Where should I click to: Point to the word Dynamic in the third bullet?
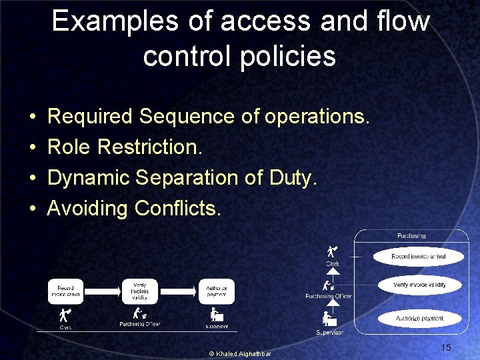tap(89, 178)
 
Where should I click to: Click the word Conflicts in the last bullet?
tap(177, 209)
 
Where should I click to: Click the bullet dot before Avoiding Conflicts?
tap(33, 209)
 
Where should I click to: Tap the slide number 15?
tap(446, 347)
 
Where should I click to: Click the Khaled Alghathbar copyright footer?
tap(240, 353)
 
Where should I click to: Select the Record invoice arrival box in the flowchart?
tap(65, 291)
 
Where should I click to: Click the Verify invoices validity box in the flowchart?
tap(140, 291)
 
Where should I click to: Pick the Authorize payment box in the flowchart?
tap(216, 291)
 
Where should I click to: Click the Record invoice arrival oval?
tap(418, 256)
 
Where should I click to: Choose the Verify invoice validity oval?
tap(419, 285)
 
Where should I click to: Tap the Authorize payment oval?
tap(419, 318)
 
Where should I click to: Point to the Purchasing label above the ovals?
tap(411, 236)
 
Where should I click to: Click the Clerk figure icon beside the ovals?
tap(332, 252)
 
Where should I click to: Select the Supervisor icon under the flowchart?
tap(216, 314)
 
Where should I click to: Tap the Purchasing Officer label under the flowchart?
tap(140, 324)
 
